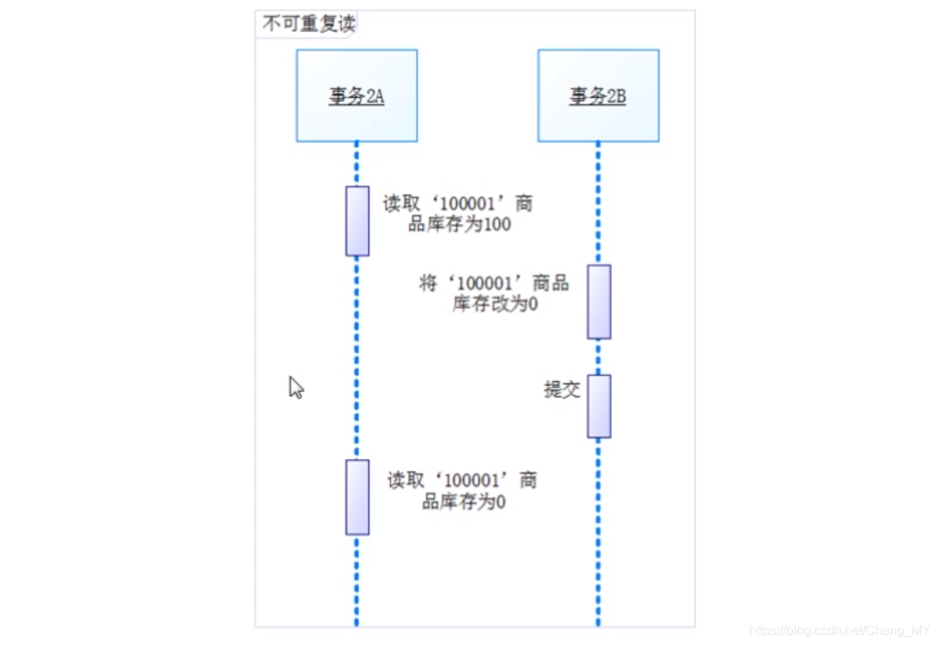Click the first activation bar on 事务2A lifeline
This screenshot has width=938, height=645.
[x=357, y=221]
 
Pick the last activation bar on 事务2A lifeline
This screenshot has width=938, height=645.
[x=357, y=497]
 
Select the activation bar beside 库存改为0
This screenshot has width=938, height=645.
[x=599, y=302]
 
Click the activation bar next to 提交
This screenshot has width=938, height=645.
[x=599, y=406]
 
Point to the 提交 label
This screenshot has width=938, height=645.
[x=562, y=391]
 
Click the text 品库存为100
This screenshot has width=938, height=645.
[x=459, y=225]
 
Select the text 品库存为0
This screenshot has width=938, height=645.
[x=463, y=502]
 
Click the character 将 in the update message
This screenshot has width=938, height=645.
[x=429, y=283]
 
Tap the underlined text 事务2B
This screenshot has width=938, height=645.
[x=598, y=97]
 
